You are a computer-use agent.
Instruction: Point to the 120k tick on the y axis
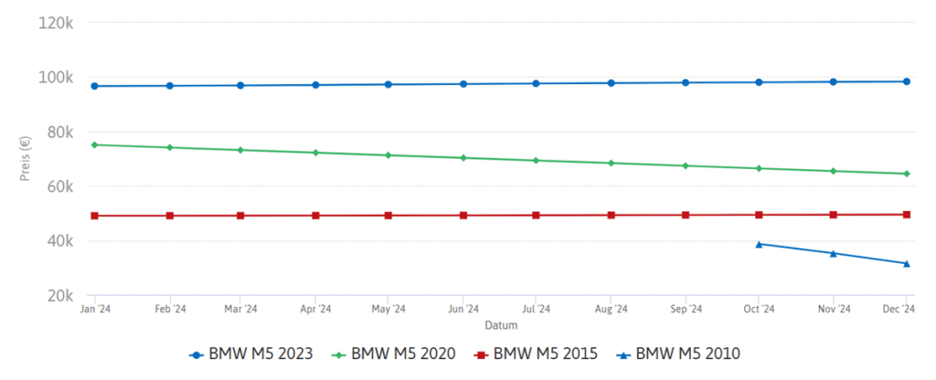tap(57, 22)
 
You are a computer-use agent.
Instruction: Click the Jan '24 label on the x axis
tap(95, 311)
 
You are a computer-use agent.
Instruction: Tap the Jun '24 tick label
tap(463, 311)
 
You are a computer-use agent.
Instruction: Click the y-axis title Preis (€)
tap(25, 158)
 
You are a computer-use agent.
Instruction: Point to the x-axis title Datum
tap(500, 324)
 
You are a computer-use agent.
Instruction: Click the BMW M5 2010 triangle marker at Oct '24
tap(759, 244)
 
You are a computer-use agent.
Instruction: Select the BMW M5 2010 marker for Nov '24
tap(833, 253)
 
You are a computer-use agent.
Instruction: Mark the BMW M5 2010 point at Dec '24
tap(907, 263)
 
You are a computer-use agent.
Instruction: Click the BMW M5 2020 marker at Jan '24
tap(95, 144)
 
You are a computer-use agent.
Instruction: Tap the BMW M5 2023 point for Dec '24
tap(907, 81)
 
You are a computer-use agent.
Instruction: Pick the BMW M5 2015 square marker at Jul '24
tap(537, 216)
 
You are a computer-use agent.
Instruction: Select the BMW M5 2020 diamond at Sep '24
tap(685, 165)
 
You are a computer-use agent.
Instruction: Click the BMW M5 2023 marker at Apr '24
tap(315, 85)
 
